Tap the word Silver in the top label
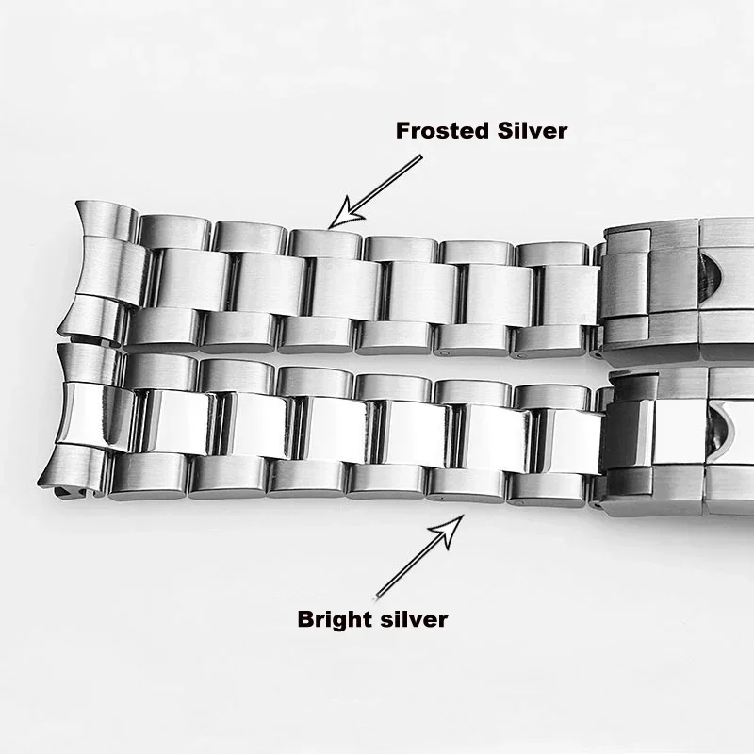click(533, 131)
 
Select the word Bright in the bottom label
click(333, 619)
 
